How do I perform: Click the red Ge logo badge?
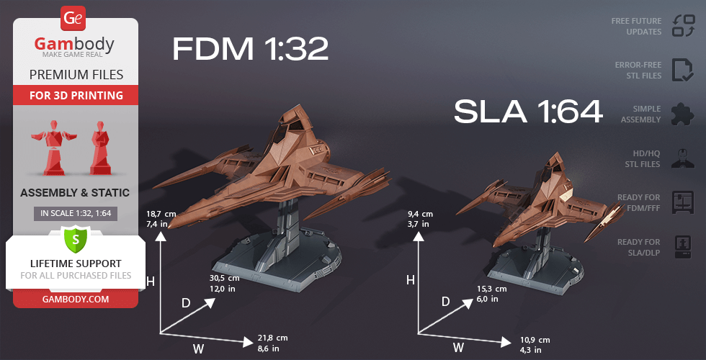73,18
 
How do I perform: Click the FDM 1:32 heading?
251,49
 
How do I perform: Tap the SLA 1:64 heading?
528,112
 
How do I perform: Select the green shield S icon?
76,239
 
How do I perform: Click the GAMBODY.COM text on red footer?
76,300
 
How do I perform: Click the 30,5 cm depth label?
225,278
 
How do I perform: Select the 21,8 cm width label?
272,338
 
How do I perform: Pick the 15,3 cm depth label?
491,289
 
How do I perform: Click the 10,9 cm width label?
535,340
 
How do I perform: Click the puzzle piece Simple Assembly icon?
683,114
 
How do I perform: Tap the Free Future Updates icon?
684,26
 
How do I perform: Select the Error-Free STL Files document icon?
683,70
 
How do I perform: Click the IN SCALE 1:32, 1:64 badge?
76,213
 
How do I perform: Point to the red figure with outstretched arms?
54,147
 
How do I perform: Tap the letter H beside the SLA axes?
410,280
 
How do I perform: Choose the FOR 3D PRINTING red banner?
76,95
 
